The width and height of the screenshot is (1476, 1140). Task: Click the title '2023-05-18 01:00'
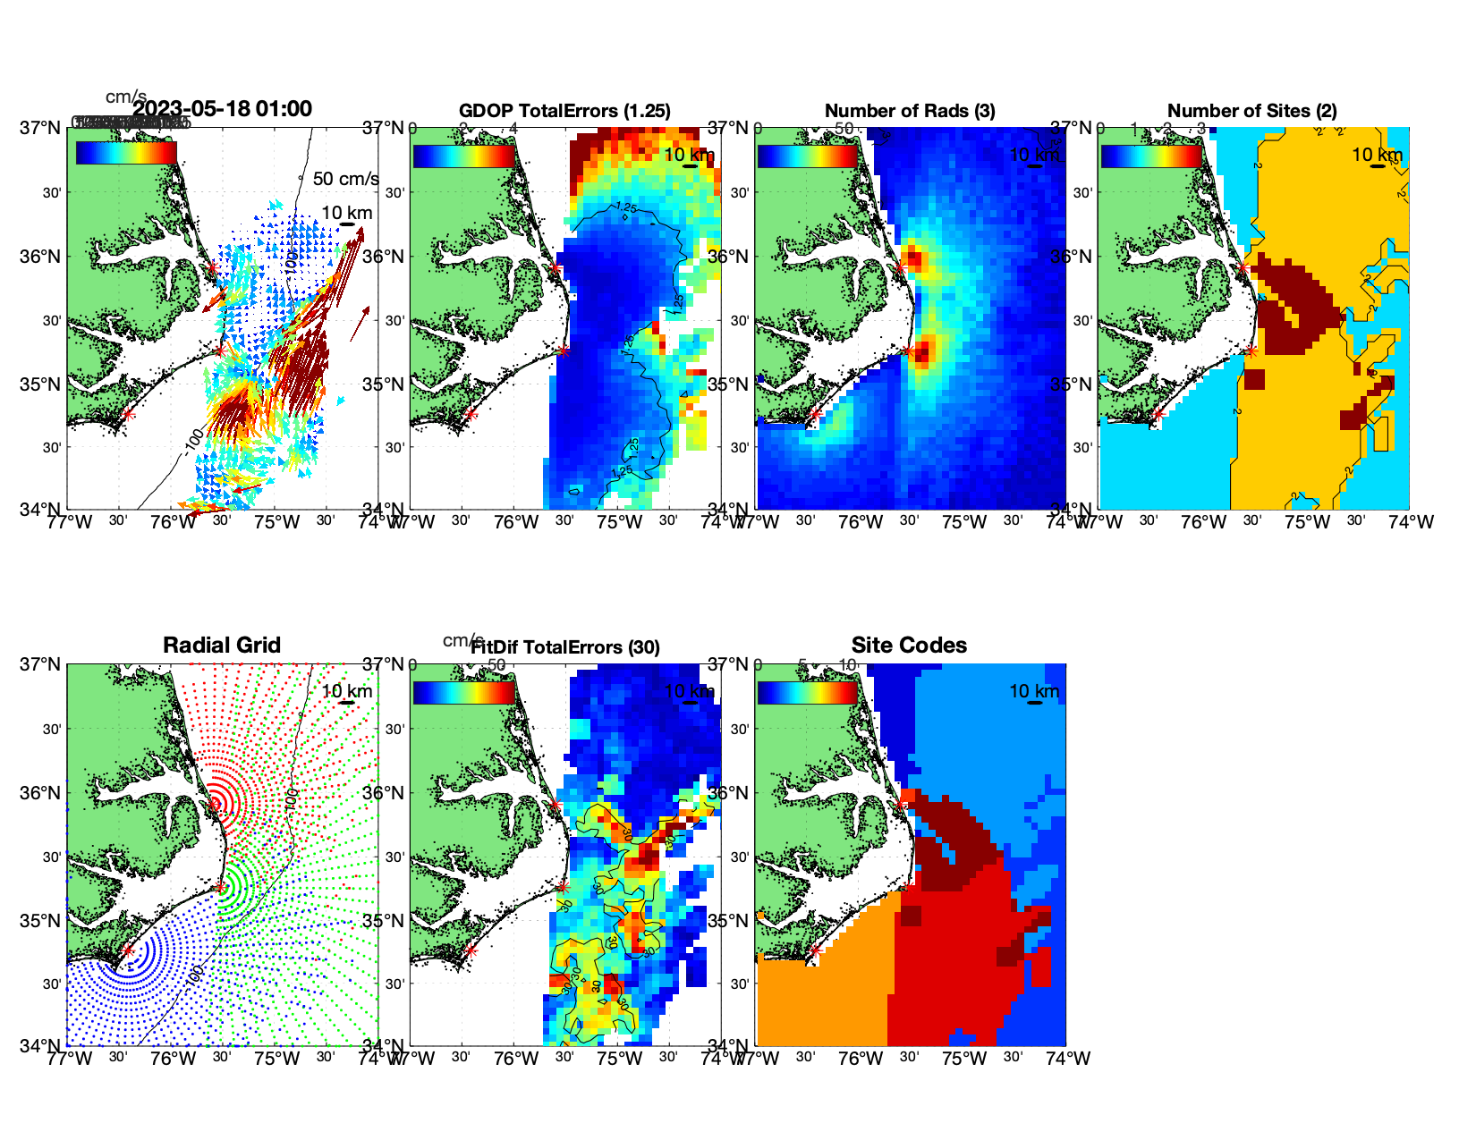point(223,109)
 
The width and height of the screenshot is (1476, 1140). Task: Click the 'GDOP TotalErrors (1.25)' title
point(564,111)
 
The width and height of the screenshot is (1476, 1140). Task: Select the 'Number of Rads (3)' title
point(910,111)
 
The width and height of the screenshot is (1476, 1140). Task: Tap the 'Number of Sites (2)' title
point(1251,111)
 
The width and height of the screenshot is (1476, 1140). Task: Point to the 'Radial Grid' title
point(222,646)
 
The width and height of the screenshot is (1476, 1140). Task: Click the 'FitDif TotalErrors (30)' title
point(566,647)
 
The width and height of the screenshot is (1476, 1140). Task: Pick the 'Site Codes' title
point(909,646)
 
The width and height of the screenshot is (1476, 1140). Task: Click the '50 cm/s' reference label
point(345,179)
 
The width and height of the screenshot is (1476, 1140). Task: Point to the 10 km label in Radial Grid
point(346,691)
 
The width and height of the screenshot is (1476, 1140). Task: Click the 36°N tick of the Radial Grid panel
point(42,793)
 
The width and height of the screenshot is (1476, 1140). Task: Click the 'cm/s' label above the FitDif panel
point(462,640)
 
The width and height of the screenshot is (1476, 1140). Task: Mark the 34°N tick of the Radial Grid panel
point(42,1045)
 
